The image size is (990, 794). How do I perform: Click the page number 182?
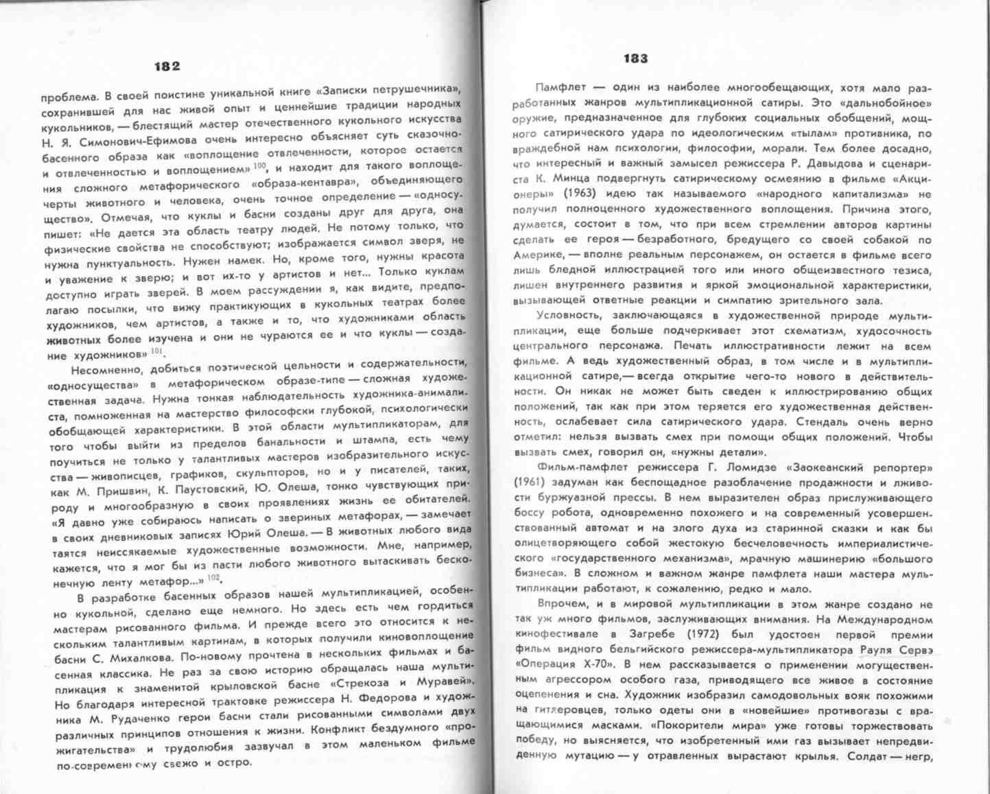pos(167,66)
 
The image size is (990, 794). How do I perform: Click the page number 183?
pos(636,59)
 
